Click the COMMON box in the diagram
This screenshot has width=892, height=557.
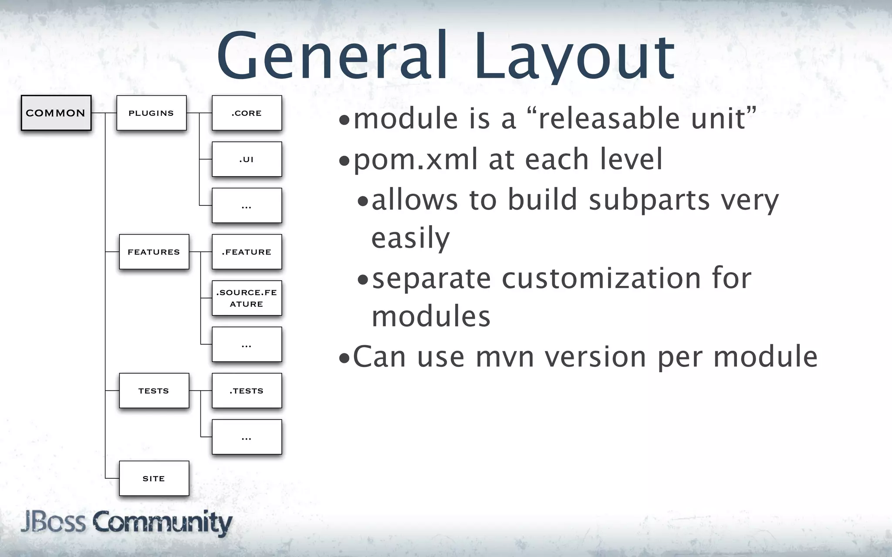click(x=56, y=113)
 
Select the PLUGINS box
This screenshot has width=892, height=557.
click(x=151, y=113)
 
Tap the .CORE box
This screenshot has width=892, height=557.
click(x=247, y=113)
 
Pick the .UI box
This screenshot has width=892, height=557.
click(x=247, y=159)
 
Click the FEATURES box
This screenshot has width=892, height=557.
click(x=154, y=252)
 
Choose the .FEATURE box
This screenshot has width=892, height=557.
click(x=247, y=252)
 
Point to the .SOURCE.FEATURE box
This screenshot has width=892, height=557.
click(x=247, y=298)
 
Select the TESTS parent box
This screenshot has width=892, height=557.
click(x=154, y=390)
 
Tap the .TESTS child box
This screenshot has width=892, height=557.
click(x=247, y=390)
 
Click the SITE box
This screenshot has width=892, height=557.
click(x=154, y=478)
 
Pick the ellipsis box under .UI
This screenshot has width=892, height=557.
click(x=247, y=205)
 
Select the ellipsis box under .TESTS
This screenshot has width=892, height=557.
click(x=247, y=437)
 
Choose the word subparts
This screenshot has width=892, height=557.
click(x=649, y=200)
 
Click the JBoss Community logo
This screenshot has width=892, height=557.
click(x=126, y=523)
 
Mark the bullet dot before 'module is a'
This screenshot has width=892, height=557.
click(x=344, y=120)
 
